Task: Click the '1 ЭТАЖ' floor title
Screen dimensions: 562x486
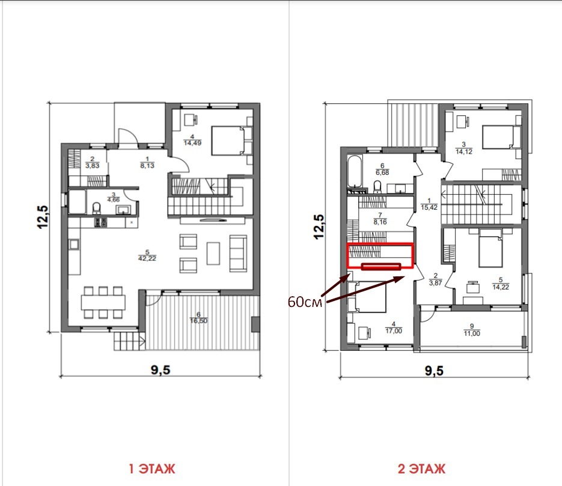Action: coord(152,469)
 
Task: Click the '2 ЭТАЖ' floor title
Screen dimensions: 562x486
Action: coord(421,469)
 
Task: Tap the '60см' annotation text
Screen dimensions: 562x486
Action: coord(305,302)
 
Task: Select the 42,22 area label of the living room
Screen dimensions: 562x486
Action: coord(147,258)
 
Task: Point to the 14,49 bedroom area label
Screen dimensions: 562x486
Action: coord(192,143)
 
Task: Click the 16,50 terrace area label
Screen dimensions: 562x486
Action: coord(198,321)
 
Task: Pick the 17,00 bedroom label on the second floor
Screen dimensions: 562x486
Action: coord(394,331)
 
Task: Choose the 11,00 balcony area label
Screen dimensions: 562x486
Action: coord(472,333)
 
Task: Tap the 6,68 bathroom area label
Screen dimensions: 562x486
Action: coord(382,172)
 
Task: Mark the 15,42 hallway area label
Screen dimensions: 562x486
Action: coord(429,207)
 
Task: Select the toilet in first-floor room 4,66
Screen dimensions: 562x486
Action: coord(96,208)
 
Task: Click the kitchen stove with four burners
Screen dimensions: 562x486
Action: coord(100,222)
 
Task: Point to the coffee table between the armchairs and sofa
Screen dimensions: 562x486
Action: coord(213,253)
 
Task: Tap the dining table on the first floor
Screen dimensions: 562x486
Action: coord(103,302)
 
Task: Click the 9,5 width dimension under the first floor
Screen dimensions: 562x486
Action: coord(160,369)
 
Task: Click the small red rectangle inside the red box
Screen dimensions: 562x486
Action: coord(381,266)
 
